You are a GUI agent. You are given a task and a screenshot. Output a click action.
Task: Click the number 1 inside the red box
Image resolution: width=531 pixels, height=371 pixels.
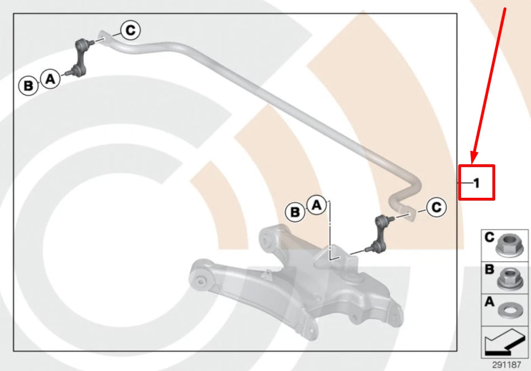[x=477, y=183]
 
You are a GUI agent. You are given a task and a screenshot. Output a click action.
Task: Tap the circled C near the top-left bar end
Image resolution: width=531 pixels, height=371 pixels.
[x=130, y=30]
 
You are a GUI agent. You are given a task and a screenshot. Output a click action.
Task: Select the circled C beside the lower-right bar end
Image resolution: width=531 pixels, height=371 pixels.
[x=436, y=207]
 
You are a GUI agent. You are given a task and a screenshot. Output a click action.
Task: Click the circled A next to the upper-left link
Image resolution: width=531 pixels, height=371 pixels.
[x=50, y=79]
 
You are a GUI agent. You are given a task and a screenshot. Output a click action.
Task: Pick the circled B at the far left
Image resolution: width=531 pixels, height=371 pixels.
[x=29, y=85]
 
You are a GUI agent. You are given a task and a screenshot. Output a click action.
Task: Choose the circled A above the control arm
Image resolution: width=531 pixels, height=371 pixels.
[x=317, y=205]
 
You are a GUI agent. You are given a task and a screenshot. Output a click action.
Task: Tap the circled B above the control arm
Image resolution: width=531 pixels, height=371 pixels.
[x=295, y=212]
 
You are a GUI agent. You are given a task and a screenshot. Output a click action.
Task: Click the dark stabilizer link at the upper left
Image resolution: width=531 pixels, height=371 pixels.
[x=80, y=58]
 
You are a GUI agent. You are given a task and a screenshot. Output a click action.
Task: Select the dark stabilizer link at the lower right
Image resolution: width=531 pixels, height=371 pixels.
[x=379, y=234]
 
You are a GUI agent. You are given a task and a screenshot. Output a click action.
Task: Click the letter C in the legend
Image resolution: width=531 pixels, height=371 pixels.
[x=490, y=237]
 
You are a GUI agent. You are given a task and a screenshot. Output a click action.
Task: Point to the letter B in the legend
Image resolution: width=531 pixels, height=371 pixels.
[x=490, y=269]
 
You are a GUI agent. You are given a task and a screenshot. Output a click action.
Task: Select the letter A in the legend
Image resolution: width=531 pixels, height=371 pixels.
[x=490, y=301]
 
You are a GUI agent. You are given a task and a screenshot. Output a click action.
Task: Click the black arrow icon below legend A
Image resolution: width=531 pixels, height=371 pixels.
[x=504, y=343]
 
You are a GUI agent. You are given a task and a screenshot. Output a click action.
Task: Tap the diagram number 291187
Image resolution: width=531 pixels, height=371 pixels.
[x=506, y=365]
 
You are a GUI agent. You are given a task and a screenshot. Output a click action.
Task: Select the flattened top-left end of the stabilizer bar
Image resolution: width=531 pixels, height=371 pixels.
[x=104, y=37]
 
